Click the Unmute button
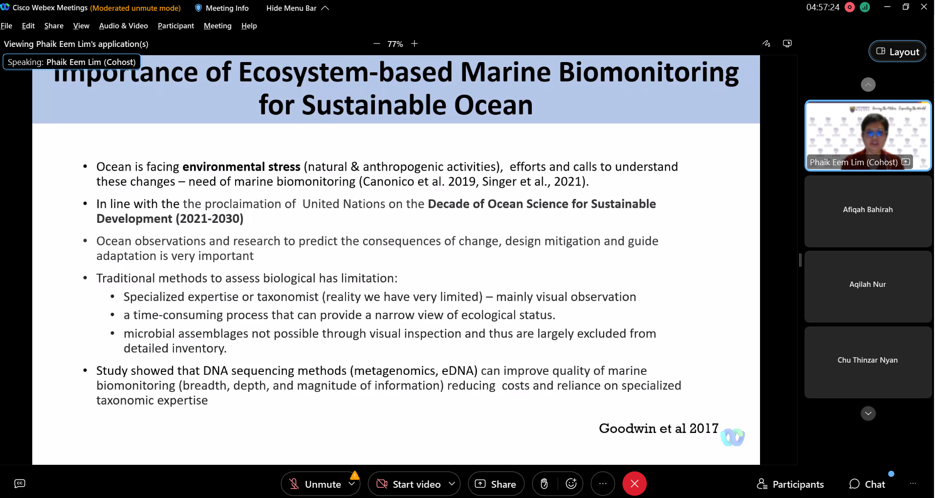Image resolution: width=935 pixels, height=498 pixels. [x=316, y=484]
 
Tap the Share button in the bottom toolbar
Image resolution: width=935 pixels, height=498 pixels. [x=496, y=484]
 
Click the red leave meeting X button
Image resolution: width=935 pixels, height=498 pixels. [x=634, y=484]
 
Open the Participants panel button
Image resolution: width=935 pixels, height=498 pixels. [x=790, y=484]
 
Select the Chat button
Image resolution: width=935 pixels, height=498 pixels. [x=867, y=484]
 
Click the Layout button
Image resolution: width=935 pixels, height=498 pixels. [x=897, y=51]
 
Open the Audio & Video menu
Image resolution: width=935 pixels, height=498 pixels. [x=123, y=26]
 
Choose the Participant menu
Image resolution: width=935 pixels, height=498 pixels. [x=175, y=26]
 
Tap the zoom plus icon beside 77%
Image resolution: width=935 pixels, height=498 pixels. [x=414, y=43]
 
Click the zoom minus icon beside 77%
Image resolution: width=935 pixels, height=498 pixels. [x=377, y=43]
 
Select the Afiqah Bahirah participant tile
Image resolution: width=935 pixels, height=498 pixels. [x=868, y=211]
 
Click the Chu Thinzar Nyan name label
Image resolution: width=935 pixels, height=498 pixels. [x=868, y=360]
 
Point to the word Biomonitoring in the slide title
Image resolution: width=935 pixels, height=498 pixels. [x=649, y=72]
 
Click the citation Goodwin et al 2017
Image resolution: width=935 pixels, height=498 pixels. [x=659, y=429]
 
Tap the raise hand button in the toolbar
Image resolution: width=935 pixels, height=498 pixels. [x=544, y=484]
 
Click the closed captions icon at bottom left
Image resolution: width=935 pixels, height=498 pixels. [x=20, y=483]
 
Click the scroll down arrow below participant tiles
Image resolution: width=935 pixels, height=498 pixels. [x=868, y=413]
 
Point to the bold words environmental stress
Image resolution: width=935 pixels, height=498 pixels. [x=241, y=167]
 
